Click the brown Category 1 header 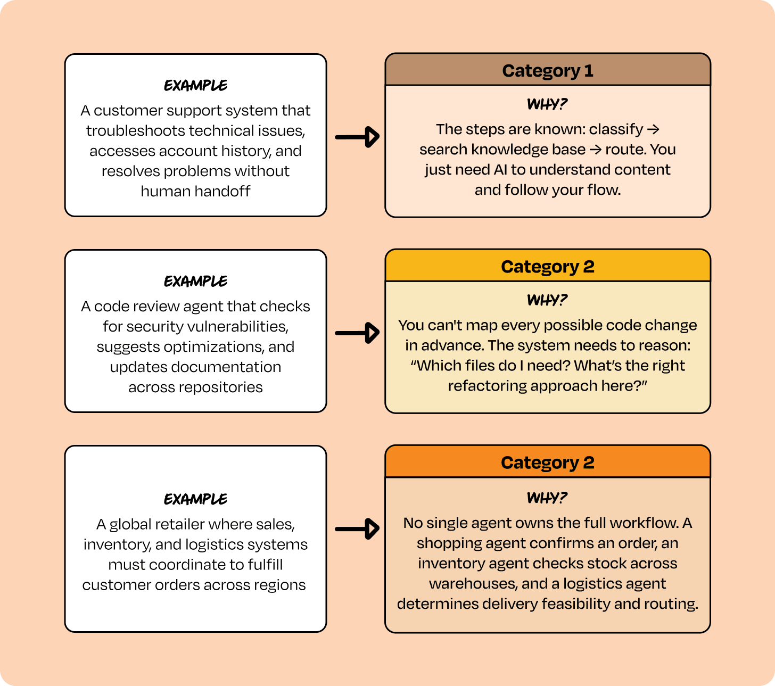tap(548, 70)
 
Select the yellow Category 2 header tap(548, 266)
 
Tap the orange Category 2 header tap(548, 462)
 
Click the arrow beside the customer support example tap(357, 137)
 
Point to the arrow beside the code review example tap(357, 333)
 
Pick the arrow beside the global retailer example tap(357, 529)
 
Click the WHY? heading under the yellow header tap(547, 300)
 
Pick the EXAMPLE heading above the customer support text tap(195, 85)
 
